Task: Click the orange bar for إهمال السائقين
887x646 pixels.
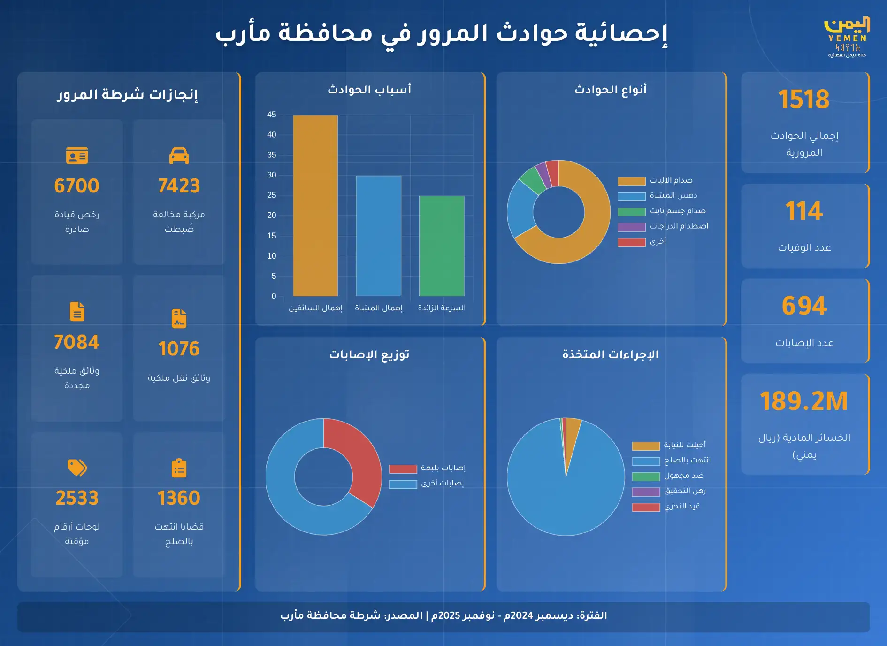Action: (x=315, y=206)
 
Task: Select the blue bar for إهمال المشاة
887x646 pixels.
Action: (x=378, y=236)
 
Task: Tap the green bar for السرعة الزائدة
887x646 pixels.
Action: (x=442, y=246)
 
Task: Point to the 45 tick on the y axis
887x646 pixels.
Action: (x=272, y=115)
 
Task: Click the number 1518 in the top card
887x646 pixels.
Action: (x=804, y=99)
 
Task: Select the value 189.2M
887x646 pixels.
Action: (x=804, y=401)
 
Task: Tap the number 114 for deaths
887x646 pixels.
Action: (x=804, y=211)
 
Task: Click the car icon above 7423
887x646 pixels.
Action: (x=179, y=156)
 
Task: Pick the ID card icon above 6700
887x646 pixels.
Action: (x=77, y=156)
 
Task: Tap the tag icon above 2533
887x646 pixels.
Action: (x=77, y=468)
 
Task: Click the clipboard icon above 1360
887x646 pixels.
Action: (x=179, y=468)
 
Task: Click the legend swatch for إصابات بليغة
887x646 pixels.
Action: (x=403, y=469)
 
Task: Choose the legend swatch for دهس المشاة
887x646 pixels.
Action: (x=632, y=197)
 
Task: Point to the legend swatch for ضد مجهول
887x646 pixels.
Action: (x=646, y=477)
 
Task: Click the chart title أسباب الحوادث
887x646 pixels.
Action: (x=369, y=89)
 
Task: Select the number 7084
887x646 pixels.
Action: (x=77, y=342)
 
